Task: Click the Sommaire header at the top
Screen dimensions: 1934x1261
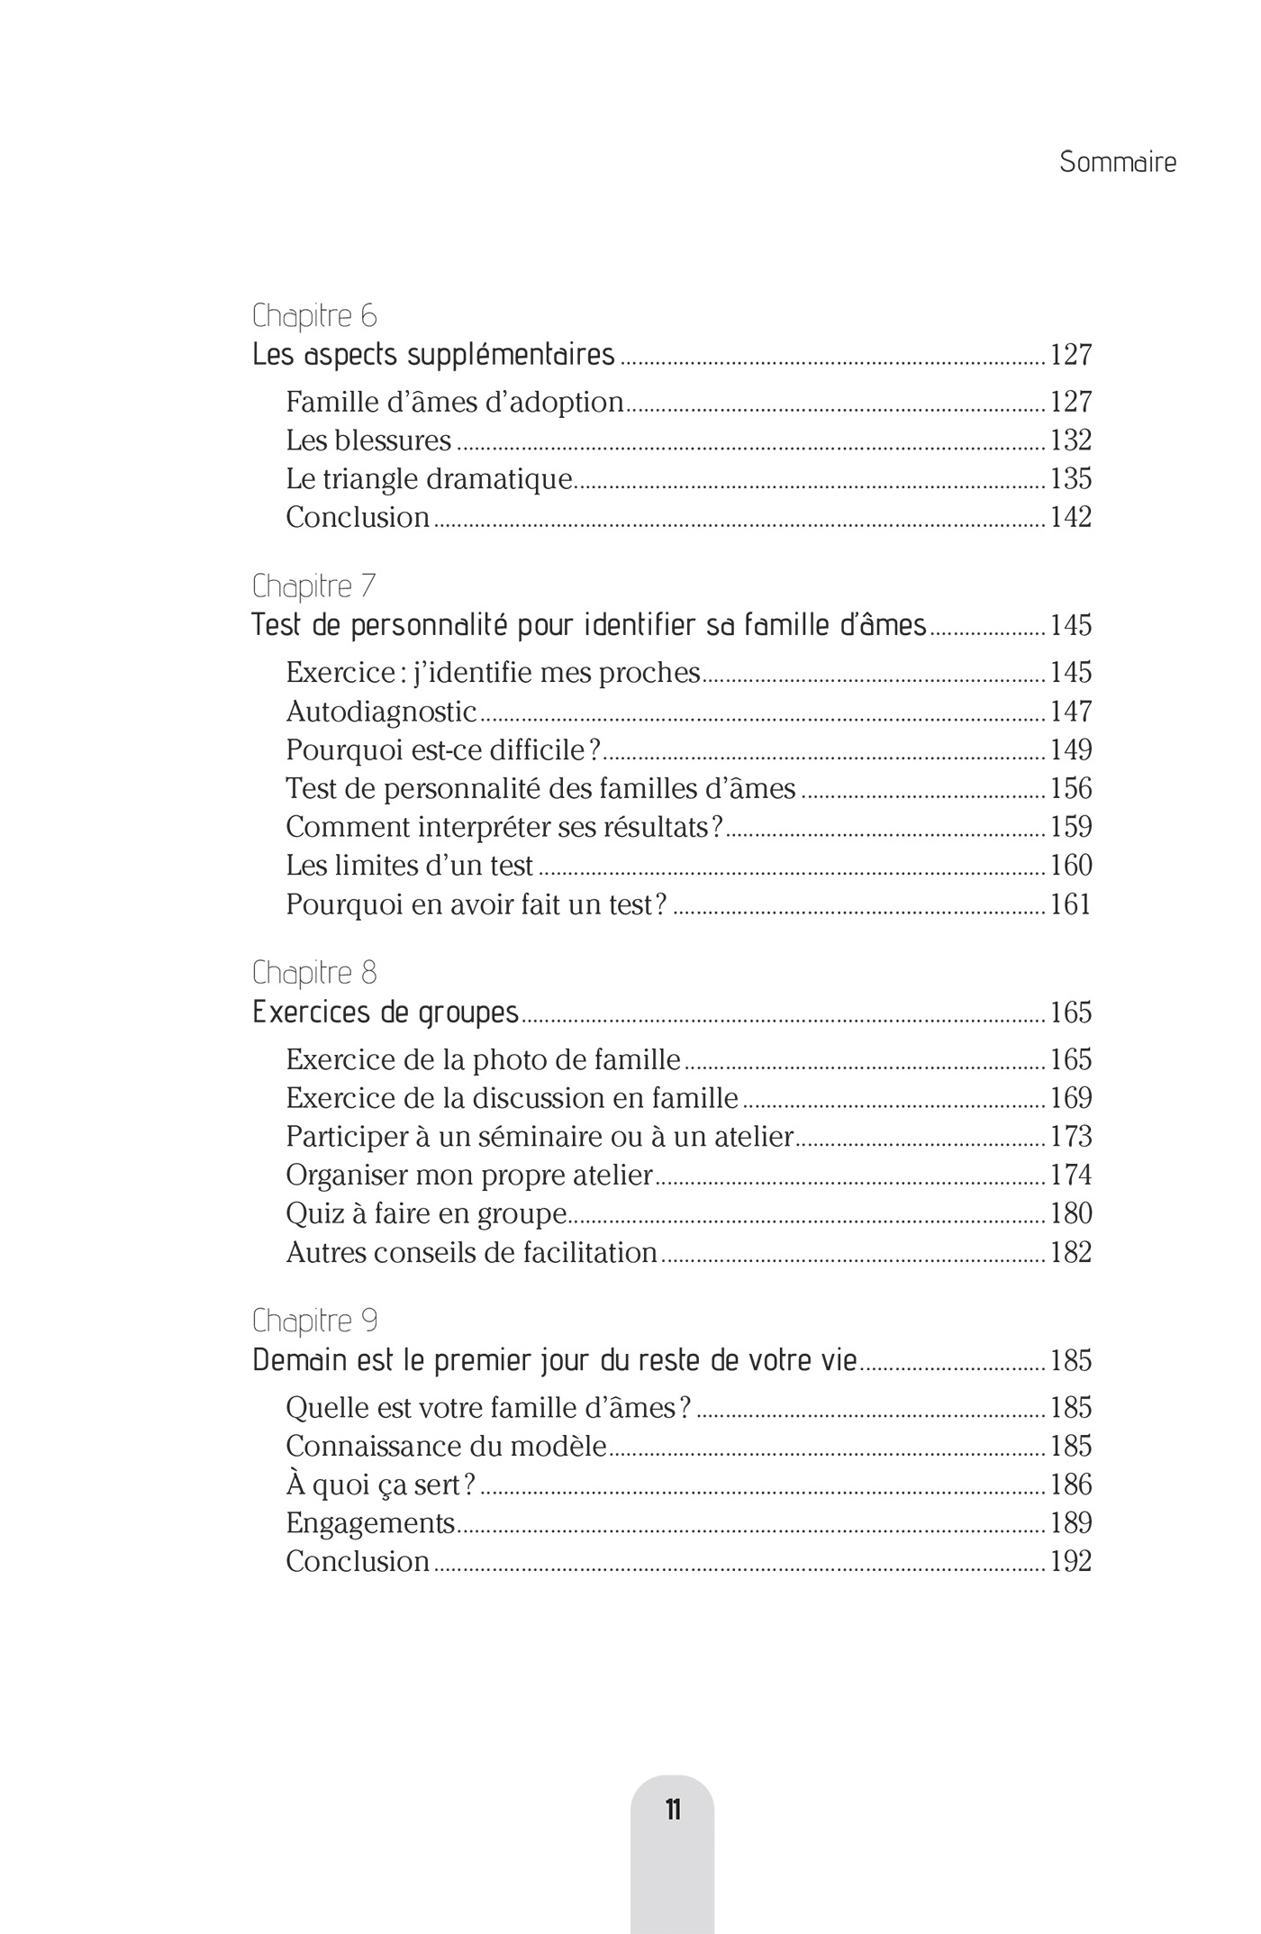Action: point(1117,162)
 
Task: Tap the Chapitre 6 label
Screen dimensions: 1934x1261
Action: point(314,316)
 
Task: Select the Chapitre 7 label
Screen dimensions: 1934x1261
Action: point(314,586)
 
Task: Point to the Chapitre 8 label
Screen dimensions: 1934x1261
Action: point(314,973)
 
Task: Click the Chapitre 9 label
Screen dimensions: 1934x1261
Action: point(314,1321)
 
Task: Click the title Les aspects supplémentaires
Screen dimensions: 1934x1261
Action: point(433,355)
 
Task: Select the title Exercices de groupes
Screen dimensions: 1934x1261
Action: point(386,1012)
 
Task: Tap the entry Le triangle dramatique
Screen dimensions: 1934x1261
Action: point(429,479)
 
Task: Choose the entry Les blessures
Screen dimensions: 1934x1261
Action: point(368,440)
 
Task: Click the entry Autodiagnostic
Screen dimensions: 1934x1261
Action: point(381,712)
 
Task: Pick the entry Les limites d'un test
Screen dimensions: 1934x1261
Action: point(410,866)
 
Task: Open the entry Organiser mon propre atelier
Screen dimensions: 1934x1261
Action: point(469,1176)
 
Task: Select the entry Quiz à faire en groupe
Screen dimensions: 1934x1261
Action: point(426,1214)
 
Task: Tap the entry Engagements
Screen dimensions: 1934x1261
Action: point(370,1523)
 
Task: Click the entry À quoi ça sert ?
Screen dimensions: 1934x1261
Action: point(380,1485)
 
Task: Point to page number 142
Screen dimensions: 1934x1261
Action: point(1071,518)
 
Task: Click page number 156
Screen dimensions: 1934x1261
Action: point(1071,789)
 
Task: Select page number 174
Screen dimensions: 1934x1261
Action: point(1071,1176)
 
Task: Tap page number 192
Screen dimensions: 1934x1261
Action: point(1071,1562)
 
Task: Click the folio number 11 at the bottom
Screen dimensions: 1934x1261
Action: point(673,1810)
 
